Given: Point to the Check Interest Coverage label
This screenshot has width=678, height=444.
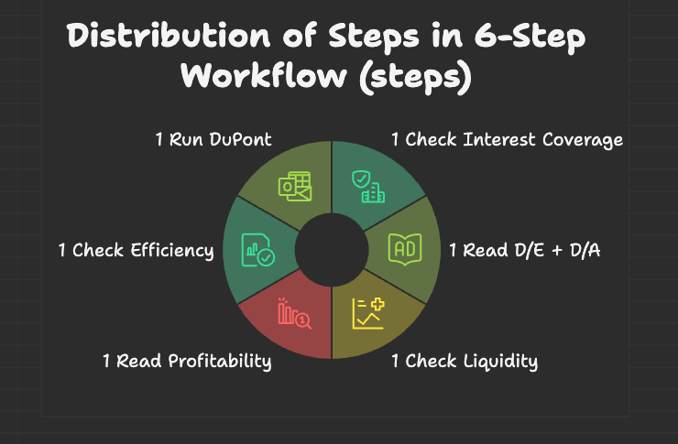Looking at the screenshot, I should click(x=507, y=140).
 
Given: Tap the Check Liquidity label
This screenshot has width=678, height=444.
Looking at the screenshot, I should click(x=464, y=361).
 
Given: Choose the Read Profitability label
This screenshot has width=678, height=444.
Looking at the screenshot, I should click(x=187, y=361).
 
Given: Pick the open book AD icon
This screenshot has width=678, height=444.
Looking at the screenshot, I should click(x=403, y=247).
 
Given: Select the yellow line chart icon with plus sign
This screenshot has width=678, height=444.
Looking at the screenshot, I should click(x=369, y=313).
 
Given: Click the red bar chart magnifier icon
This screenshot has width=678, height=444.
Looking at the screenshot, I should click(x=294, y=312).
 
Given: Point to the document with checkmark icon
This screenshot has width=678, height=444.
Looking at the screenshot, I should click(x=257, y=249).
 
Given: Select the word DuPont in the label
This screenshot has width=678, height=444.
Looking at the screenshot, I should click(x=246, y=140).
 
